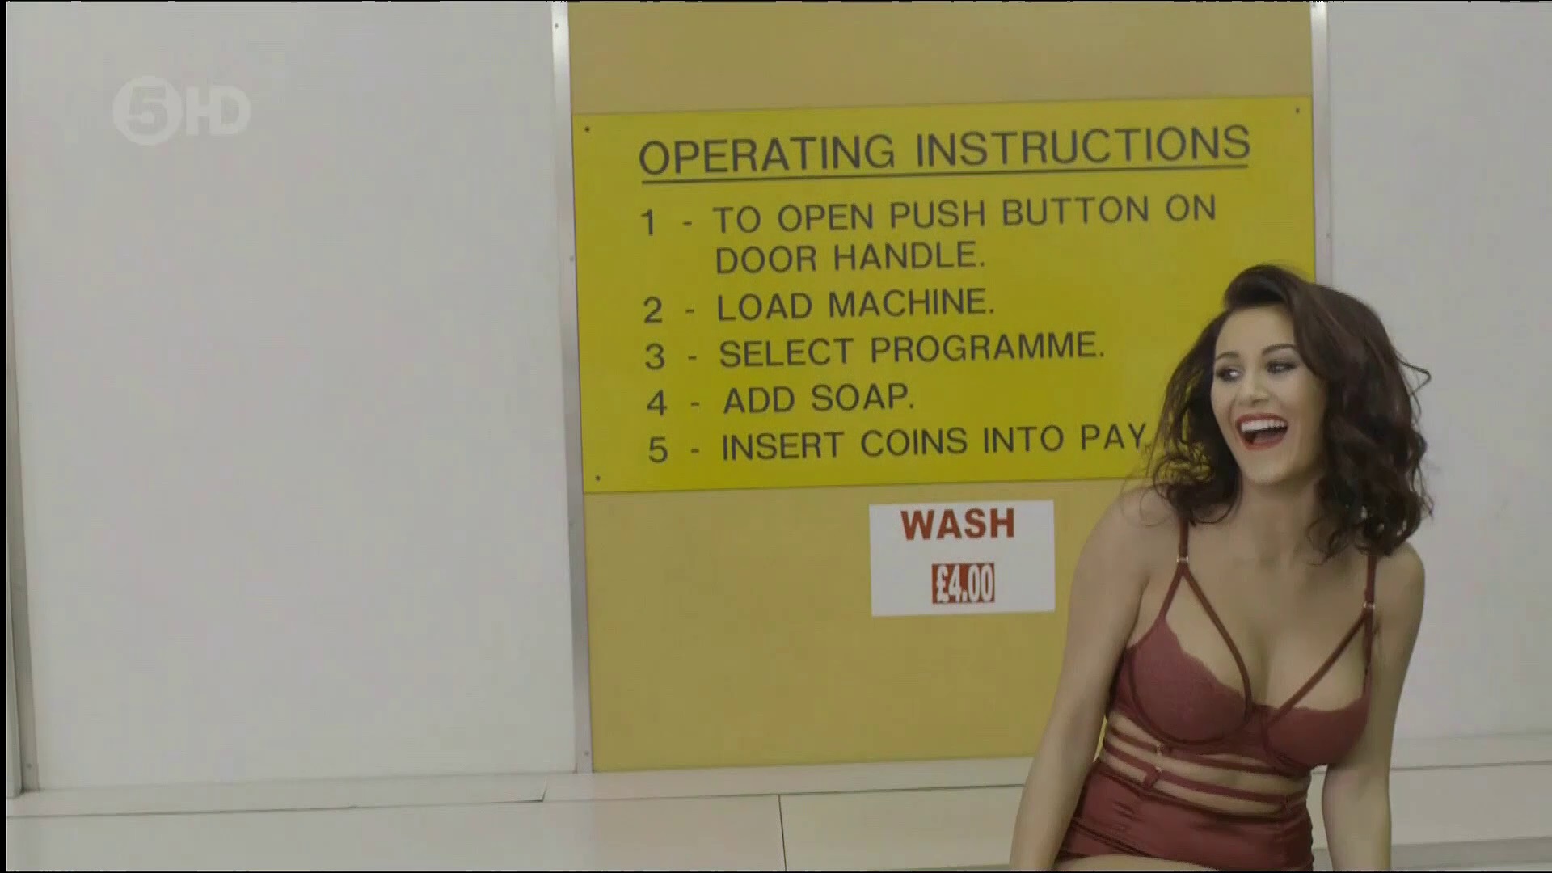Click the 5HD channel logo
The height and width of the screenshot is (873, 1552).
(181, 111)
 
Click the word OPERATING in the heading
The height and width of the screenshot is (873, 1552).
(767, 154)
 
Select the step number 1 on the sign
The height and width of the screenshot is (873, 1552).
(648, 222)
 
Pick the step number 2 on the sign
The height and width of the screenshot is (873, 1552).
(652, 310)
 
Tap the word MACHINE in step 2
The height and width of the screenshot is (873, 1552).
(912, 304)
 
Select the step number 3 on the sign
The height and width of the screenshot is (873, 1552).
(654, 356)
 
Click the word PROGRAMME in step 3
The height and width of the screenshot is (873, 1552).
(987, 348)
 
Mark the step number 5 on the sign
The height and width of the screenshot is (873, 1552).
(658, 449)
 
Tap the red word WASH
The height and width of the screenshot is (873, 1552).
(958, 524)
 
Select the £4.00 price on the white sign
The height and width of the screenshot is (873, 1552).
(963, 583)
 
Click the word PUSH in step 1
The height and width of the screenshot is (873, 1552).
(938, 215)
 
